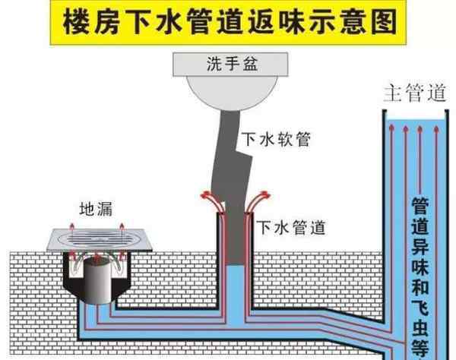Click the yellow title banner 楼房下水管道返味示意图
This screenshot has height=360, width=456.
[x=228, y=22]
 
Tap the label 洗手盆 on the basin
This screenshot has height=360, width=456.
[x=232, y=64]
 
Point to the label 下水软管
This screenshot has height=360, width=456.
[x=277, y=139]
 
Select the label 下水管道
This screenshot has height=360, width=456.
[x=291, y=228]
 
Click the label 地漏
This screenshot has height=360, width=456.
[x=96, y=209]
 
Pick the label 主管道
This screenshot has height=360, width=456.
[x=415, y=93]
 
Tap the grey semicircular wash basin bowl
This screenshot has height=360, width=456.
[x=232, y=93]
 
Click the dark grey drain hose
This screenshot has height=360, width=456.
[x=232, y=186]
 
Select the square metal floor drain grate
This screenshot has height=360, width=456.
[x=99, y=240]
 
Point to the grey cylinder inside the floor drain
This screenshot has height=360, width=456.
[x=98, y=279]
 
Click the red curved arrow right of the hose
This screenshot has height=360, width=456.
[x=258, y=201]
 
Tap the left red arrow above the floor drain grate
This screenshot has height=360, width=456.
[x=72, y=227]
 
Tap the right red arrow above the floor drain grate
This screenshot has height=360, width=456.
[x=122, y=227]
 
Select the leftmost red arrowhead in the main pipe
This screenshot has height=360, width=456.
[x=391, y=128]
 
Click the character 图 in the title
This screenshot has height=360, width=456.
[x=384, y=22]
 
